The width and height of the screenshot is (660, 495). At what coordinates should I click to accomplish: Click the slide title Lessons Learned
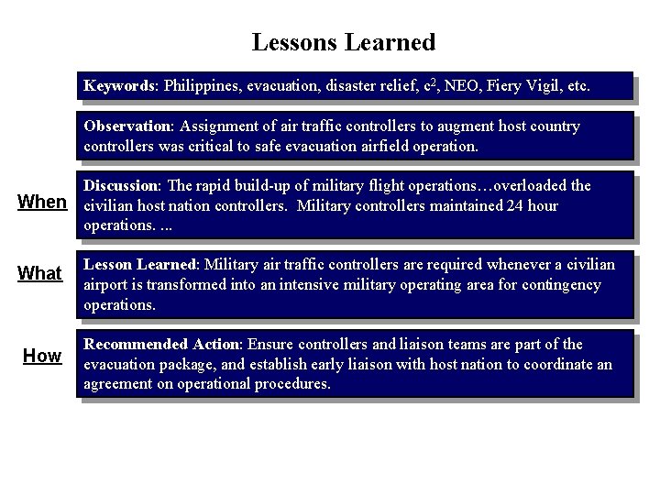[x=343, y=42]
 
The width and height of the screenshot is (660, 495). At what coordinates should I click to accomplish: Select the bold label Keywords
[x=120, y=86]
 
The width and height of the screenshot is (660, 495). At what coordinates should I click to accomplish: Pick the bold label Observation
[x=127, y=126]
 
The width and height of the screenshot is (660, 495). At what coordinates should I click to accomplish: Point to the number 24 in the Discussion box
[x=515, y=205]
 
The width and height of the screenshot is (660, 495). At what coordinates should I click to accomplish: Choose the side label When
[x=43, y=202]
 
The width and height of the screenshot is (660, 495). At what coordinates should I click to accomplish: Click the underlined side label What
[x=40, y=273]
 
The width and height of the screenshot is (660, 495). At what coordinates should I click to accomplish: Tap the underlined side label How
[x=42, y=356]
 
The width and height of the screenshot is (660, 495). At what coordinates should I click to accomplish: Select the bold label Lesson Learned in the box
[x=140, y=264]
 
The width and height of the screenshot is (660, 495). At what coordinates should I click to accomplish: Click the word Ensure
[x=271, y=344]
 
